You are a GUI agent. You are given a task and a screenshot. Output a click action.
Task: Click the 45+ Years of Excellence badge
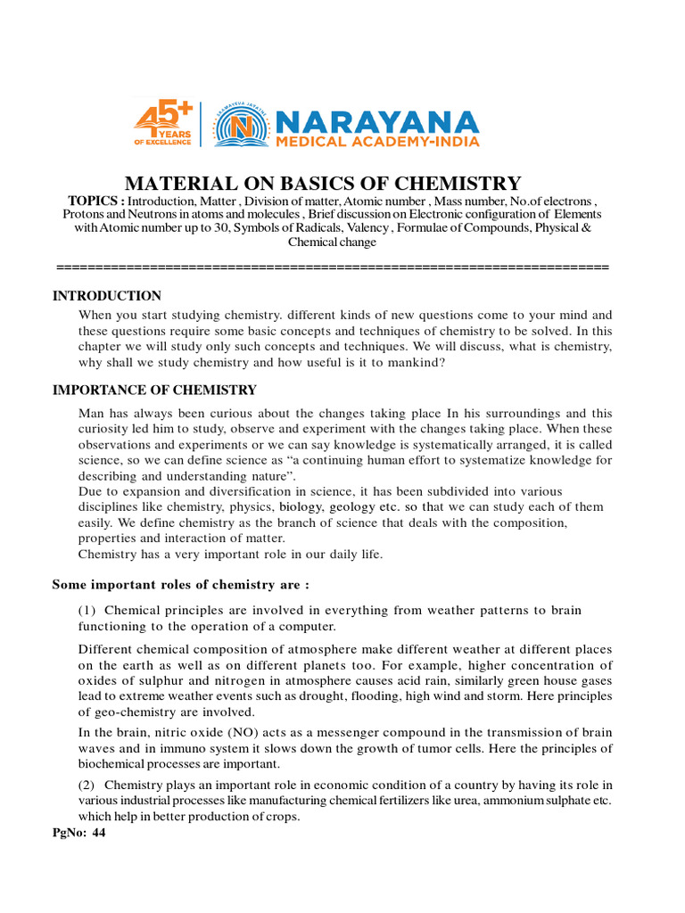[x=162, y=124]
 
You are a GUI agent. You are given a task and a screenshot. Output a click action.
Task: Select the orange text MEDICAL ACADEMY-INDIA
[x=377, y=141]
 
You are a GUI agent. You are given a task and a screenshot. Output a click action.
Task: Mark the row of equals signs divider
[x=332, y=267]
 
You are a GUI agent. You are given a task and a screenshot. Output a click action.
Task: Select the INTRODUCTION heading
[x=107, y=296]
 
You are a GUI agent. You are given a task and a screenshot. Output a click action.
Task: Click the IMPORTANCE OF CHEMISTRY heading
[x=154, y=390]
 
